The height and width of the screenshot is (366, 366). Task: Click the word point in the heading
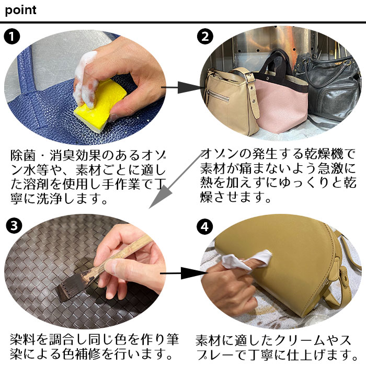21,10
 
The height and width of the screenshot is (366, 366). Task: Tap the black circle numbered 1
12,37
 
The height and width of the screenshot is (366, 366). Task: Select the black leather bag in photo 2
327,86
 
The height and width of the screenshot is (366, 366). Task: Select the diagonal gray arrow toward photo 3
167,184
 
